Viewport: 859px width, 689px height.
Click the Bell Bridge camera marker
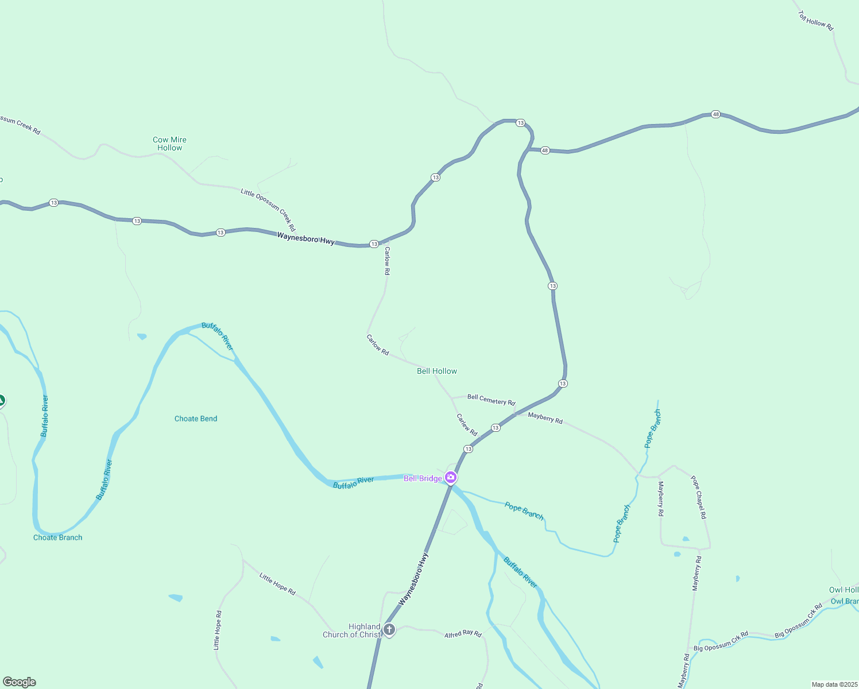pyautogui.click(x=451, y=477)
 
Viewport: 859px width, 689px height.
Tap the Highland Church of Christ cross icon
pyautogui.click(x=389, y=630)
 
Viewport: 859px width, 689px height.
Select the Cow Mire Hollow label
pyautogui.click(x=169, y=144)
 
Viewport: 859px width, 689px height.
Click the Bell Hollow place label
pyautogui.click(x=437, y=371)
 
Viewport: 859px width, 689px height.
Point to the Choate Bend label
pyautogui.click(x=196, y=419)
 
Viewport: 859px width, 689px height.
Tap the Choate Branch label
pyautogui.click(x=57, y=537)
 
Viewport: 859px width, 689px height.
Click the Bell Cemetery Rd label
pyautogui.click(x=491, y=400)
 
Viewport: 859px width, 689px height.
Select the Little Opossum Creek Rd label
pyautogui.click(x=268, y=210)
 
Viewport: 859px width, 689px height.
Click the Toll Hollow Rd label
pyautogui.click(x=815, y=21)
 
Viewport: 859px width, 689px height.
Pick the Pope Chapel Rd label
pyautogui.click(x=699, y=497)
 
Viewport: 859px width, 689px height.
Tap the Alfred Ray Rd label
pyautogui.click(x=463, y=634)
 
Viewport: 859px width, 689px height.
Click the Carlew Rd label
pyautogui.click(x=467, y=424)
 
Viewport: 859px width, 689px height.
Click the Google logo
pyautogui.click(x=20, y=682)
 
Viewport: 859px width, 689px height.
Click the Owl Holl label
pyautogui.click(x=843, y=590)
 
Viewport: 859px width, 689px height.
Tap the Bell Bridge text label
pyautogui.click(x=423, y=478)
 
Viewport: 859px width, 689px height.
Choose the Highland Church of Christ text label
pyautogui.click(x=351, y=630)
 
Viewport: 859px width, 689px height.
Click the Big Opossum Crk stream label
pyautogui.click(x=799, y=621)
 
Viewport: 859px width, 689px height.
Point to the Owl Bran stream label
pyautogui.click(x=845, y=602)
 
